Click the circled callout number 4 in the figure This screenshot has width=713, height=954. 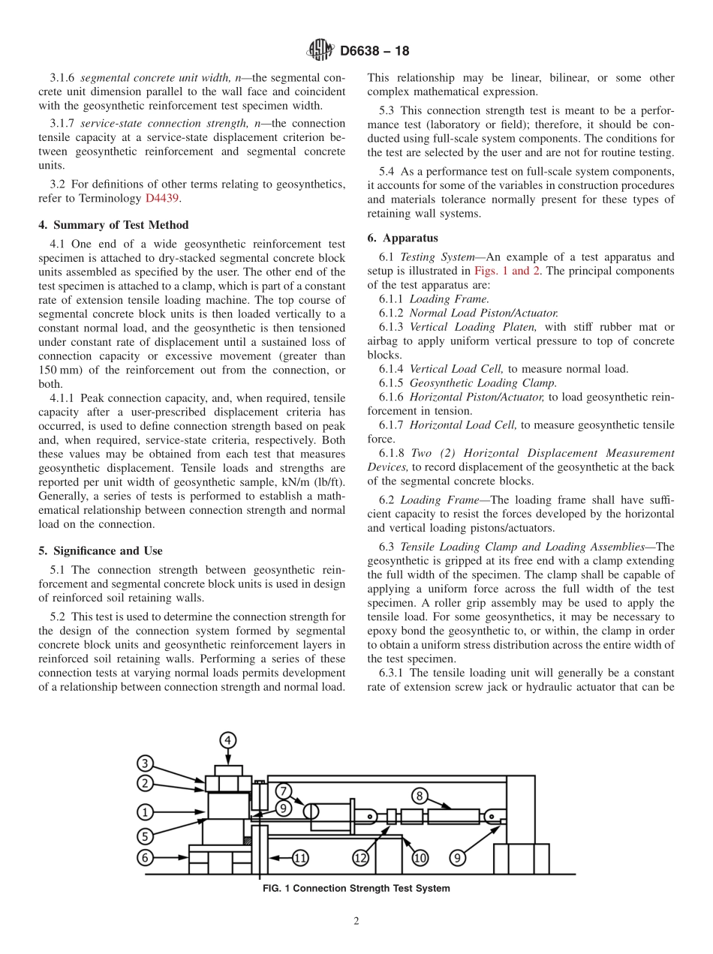pos(228,740)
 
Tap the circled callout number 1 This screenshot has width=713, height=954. pos(146,811)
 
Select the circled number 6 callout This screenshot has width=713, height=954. pos(146,856)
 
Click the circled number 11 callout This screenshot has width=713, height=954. pos(299,856)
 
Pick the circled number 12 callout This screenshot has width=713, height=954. pos(361,856)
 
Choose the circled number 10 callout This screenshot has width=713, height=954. pos(419,856)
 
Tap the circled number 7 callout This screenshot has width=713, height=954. pos(282,790)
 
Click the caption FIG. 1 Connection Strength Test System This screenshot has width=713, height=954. pos(356,888)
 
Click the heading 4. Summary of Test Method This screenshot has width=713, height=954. pos(113,225)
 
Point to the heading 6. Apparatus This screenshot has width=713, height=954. pos(402,238)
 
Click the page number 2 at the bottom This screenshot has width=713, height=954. pos(356,921)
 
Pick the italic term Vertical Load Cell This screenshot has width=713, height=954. pos(456,368)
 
